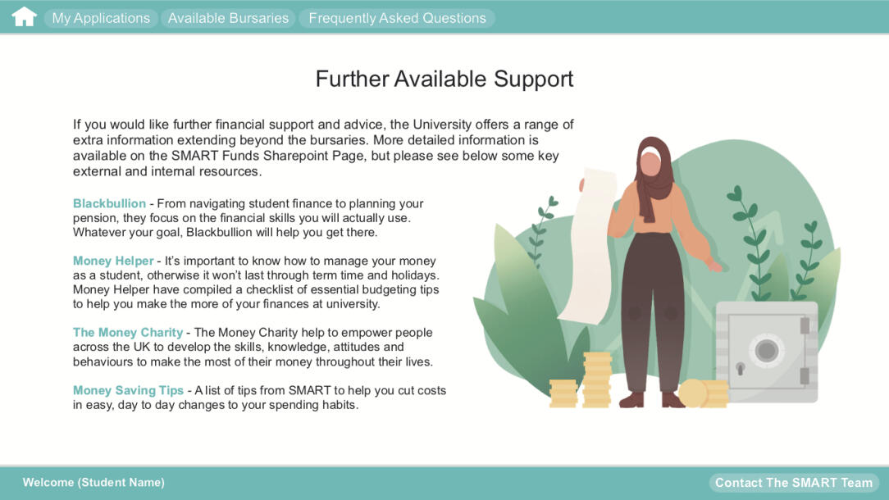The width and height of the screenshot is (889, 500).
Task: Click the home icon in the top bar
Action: pos(24,17)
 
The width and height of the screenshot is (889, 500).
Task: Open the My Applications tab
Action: pos(101,18)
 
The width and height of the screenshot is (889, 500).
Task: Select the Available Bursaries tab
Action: pos(228,18)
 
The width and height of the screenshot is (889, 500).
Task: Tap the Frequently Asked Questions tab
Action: pos(397,18)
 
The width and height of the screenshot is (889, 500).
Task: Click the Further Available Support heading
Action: pos(444,79)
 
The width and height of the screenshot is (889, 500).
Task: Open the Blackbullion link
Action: pos(109,203)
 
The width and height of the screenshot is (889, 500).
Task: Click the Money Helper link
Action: pos(113,261)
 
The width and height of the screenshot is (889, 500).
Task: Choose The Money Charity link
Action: pos(127,333)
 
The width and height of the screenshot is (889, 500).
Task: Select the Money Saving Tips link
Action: pos(127,391)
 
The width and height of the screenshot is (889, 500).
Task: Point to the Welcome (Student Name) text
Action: pos(93,482)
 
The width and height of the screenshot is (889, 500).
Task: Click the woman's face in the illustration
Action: pos(650,164)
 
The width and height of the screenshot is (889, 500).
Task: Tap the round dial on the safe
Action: pos(766,351)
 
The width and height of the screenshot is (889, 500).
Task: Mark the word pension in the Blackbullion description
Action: pos(95,218)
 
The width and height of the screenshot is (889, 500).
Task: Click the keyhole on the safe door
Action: pos(740,368)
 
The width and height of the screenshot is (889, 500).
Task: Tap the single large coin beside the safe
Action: pos(693,393)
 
